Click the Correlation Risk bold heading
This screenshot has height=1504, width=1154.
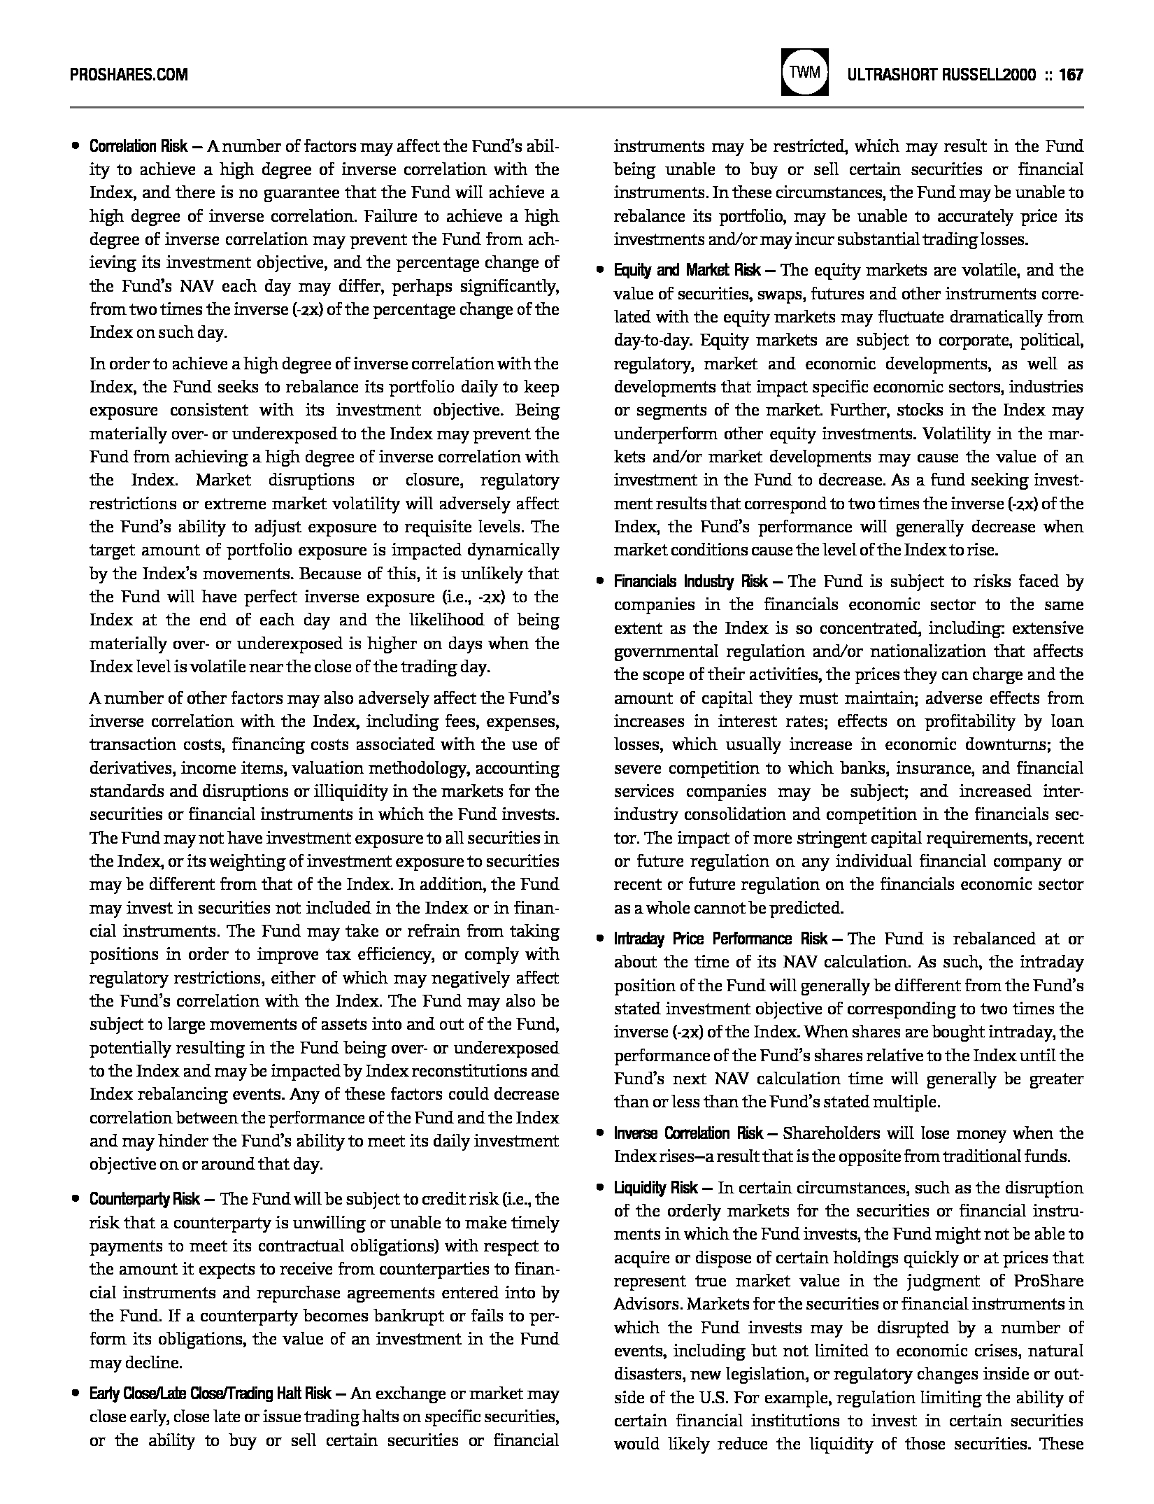click(138, 147)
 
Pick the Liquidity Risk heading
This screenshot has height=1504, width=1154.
click(655, 1189)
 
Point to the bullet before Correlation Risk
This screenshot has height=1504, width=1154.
click(76, 148)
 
